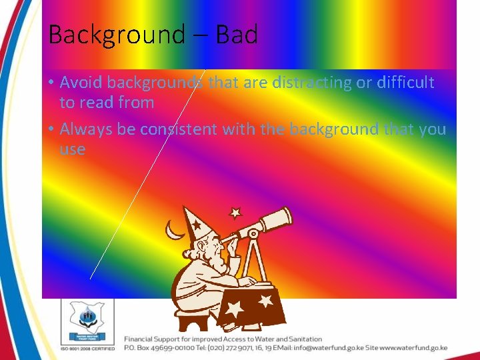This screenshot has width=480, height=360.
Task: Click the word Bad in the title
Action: (x=237, y=34)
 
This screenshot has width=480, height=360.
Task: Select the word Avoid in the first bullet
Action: (x=81, y=83)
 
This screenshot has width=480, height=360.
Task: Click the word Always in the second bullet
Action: (x=87, y=129)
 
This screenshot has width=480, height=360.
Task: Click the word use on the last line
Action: (x=72, y=149)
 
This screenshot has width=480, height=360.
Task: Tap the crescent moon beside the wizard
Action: (x=175, y=230)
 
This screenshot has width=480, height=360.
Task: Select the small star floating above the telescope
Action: (x=234, y=213)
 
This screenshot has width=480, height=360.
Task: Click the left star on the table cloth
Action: (x=235, y=309)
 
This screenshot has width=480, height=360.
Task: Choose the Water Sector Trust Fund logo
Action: (x=87, y=319)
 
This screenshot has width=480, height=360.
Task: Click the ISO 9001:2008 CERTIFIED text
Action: (x=87, y=348)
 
